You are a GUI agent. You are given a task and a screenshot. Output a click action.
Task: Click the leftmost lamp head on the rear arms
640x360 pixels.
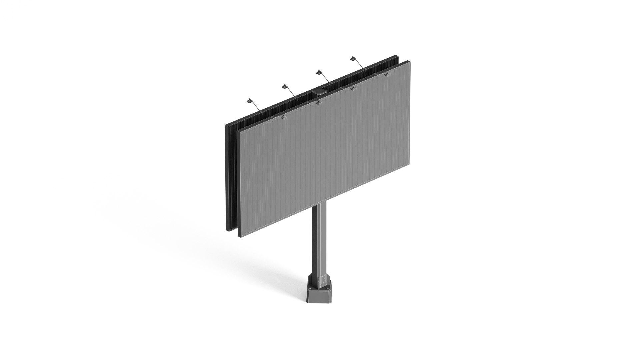pyautogui.click(x=249, y=100)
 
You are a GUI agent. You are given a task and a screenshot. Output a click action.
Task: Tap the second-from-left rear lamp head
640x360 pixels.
pyautogui.click(x=285, y=87)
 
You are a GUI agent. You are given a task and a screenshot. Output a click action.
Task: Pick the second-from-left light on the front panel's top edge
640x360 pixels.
pyautogui.click(x=319, y=103)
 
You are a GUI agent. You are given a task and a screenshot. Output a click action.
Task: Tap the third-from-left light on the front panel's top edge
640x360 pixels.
pyautogui.click(x=353, y=89)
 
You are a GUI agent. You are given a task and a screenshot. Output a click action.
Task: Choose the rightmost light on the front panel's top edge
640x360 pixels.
pyautogui.click(x=387, y=75)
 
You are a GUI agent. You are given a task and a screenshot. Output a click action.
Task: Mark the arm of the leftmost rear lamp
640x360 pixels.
pyautogui.click(x=256, y=106)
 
